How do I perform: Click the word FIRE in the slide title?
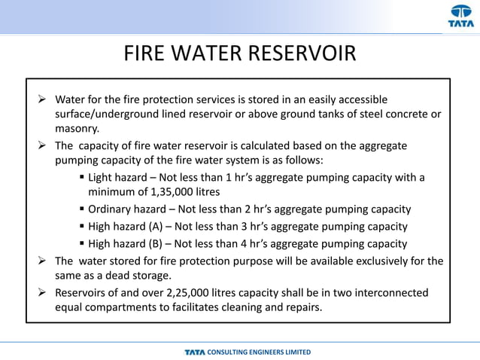coord(144,54)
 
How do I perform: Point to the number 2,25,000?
coord(208,292)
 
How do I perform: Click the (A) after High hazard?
coord(167,226)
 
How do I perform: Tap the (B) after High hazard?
coord(167,243)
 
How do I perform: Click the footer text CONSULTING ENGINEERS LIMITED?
coord(259,352)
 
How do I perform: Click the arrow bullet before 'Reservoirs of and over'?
coord(43,292)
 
